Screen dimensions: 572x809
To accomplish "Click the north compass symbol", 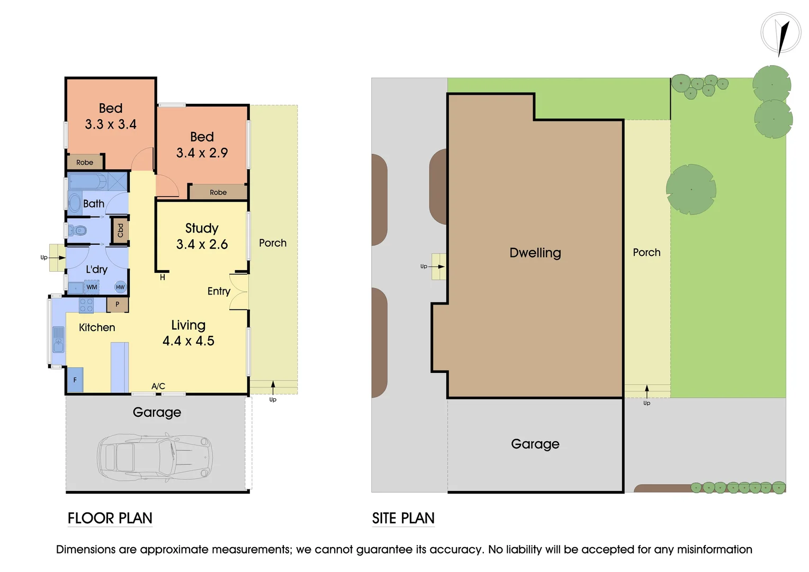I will pyautogui.click(x=780, y=33).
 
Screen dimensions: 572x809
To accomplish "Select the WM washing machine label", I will pyautogui.click(x=92, y=287).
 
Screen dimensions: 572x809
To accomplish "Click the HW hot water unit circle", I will pyautogui.click(x=120, y=287).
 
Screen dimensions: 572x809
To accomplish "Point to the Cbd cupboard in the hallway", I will pyautogui.click(x=120, y=231).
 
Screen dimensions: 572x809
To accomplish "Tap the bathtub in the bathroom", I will pyautogui.click(x=87, y=182).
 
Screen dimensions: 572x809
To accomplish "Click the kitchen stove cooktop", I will pyautogui.click(x=86, y=305).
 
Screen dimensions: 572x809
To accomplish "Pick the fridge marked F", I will pyautogui.click(x=75, y=380).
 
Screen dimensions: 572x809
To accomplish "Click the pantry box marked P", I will pyautogui.click(x=117, y=305).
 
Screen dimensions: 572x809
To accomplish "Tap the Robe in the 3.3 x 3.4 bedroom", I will pyautogui.click(x=85, y=162).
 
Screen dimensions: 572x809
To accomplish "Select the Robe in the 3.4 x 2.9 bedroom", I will pyautogui.click(x=218, y=192).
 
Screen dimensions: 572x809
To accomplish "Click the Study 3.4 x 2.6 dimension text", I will pyautogui.click(x=202, y=244).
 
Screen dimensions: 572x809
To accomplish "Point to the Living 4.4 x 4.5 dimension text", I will pyautogui.click(x=188, y=341).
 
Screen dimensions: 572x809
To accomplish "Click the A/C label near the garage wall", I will pyautogui.click(x=158, y=386).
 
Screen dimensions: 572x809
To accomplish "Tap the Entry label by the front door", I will pyautogui.click(x=219, y=291).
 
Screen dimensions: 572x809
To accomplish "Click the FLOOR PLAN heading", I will pyautogui.click(x=110, y=518).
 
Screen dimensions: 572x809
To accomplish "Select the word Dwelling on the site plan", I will pyautogui.click(x=535, y=253).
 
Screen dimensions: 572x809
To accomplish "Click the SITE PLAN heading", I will pyautogui.click(x=403, y=518).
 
